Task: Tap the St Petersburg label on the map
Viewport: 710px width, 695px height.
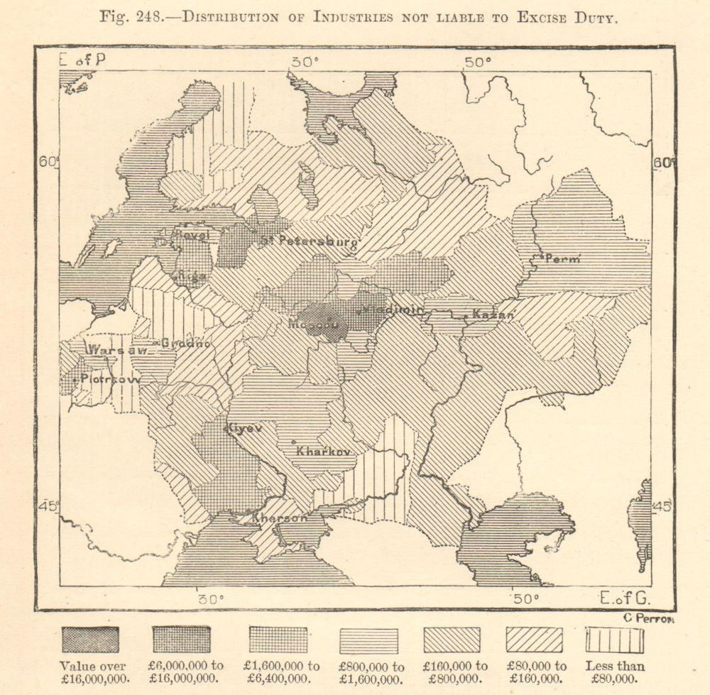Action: [x=309, y=241]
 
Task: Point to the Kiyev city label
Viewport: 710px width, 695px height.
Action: [x=245, y=428]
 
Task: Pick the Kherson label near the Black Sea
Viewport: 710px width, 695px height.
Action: [x=280, y=518]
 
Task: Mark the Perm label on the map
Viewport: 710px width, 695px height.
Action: [x=561, y=259]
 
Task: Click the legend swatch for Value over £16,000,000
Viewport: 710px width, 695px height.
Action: [x=90, y=640]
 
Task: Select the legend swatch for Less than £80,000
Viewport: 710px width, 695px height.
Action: [x=615, y=640]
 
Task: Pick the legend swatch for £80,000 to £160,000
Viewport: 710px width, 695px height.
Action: [x=533, y=640]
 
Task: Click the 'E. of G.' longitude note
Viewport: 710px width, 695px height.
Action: [x=625, y=597]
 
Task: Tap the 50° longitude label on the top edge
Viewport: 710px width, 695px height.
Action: [x=479, y=62]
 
